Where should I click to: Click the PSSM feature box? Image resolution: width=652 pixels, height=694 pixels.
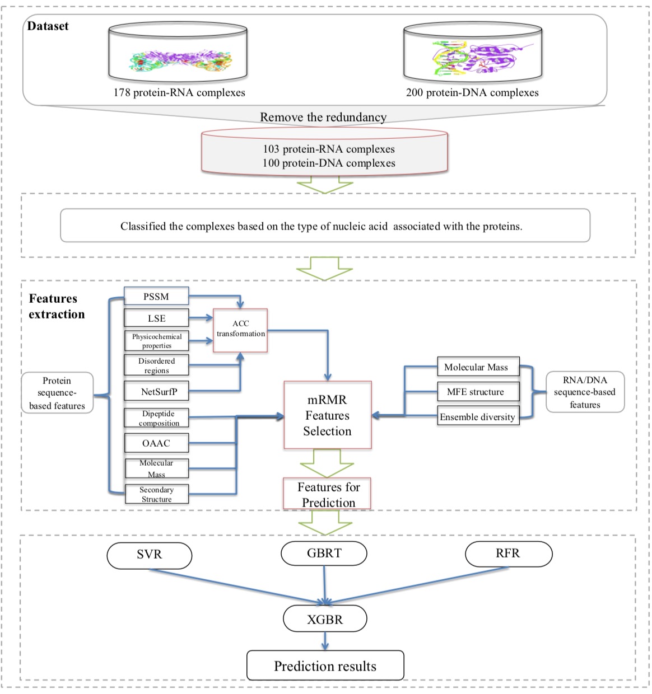156,296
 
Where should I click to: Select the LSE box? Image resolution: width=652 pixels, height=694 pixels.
156,318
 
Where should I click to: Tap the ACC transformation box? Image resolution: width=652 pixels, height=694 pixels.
240,330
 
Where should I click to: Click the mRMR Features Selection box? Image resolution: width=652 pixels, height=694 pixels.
327,415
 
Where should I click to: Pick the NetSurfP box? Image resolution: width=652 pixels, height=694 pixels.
156,391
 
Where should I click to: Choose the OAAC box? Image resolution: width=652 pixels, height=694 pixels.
156,443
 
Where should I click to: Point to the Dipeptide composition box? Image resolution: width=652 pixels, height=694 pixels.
156,418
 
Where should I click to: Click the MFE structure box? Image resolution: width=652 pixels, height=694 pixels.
478,392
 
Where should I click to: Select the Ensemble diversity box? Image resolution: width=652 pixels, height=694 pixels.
478,416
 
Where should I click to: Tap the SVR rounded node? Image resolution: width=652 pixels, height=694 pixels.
149,555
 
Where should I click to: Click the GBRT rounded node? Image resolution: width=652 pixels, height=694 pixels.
324,553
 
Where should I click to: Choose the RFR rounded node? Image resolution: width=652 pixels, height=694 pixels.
508,554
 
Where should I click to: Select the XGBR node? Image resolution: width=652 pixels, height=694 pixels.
325,619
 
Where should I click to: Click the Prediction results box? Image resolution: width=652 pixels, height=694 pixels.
325,665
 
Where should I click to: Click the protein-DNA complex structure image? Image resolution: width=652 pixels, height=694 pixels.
473,58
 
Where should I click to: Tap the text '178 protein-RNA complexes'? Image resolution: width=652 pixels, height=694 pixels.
179,92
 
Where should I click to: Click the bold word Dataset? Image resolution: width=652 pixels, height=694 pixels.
48,26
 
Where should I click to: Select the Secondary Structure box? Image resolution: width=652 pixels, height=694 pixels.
156,494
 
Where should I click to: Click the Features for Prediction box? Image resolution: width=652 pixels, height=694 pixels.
328,494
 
